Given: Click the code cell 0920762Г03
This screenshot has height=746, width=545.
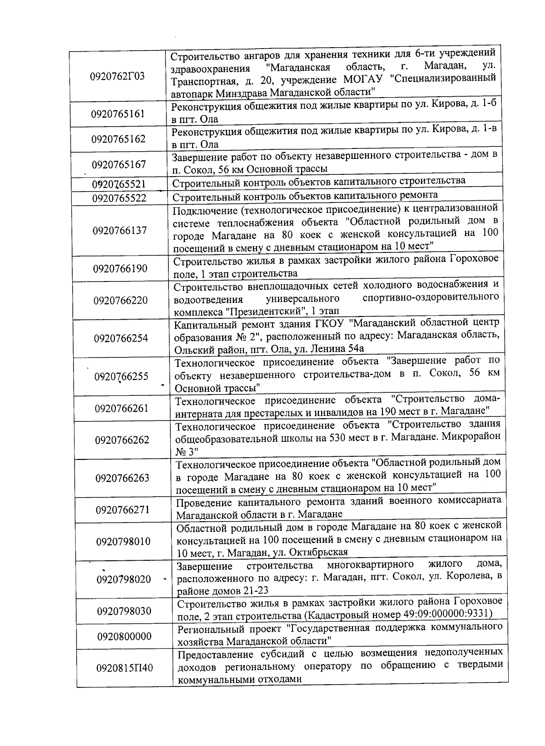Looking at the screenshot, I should click(x=118, y=76).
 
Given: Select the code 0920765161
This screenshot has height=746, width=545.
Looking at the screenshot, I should click(x=118, y=114).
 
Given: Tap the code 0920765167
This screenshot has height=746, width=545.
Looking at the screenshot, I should click(x=119, y=164).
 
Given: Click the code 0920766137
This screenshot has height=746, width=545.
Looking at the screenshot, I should click(x=120, y=230).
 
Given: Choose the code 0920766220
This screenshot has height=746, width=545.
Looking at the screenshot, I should click(x=121, y=300).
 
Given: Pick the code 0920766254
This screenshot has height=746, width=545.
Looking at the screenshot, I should click(x=121, y=338).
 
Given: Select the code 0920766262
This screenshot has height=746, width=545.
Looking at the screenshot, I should click(x=122, y=440).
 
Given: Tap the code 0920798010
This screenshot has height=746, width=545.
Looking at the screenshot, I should click(x=123, y=541).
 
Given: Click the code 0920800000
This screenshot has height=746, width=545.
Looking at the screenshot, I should click(x=124, y=636).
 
